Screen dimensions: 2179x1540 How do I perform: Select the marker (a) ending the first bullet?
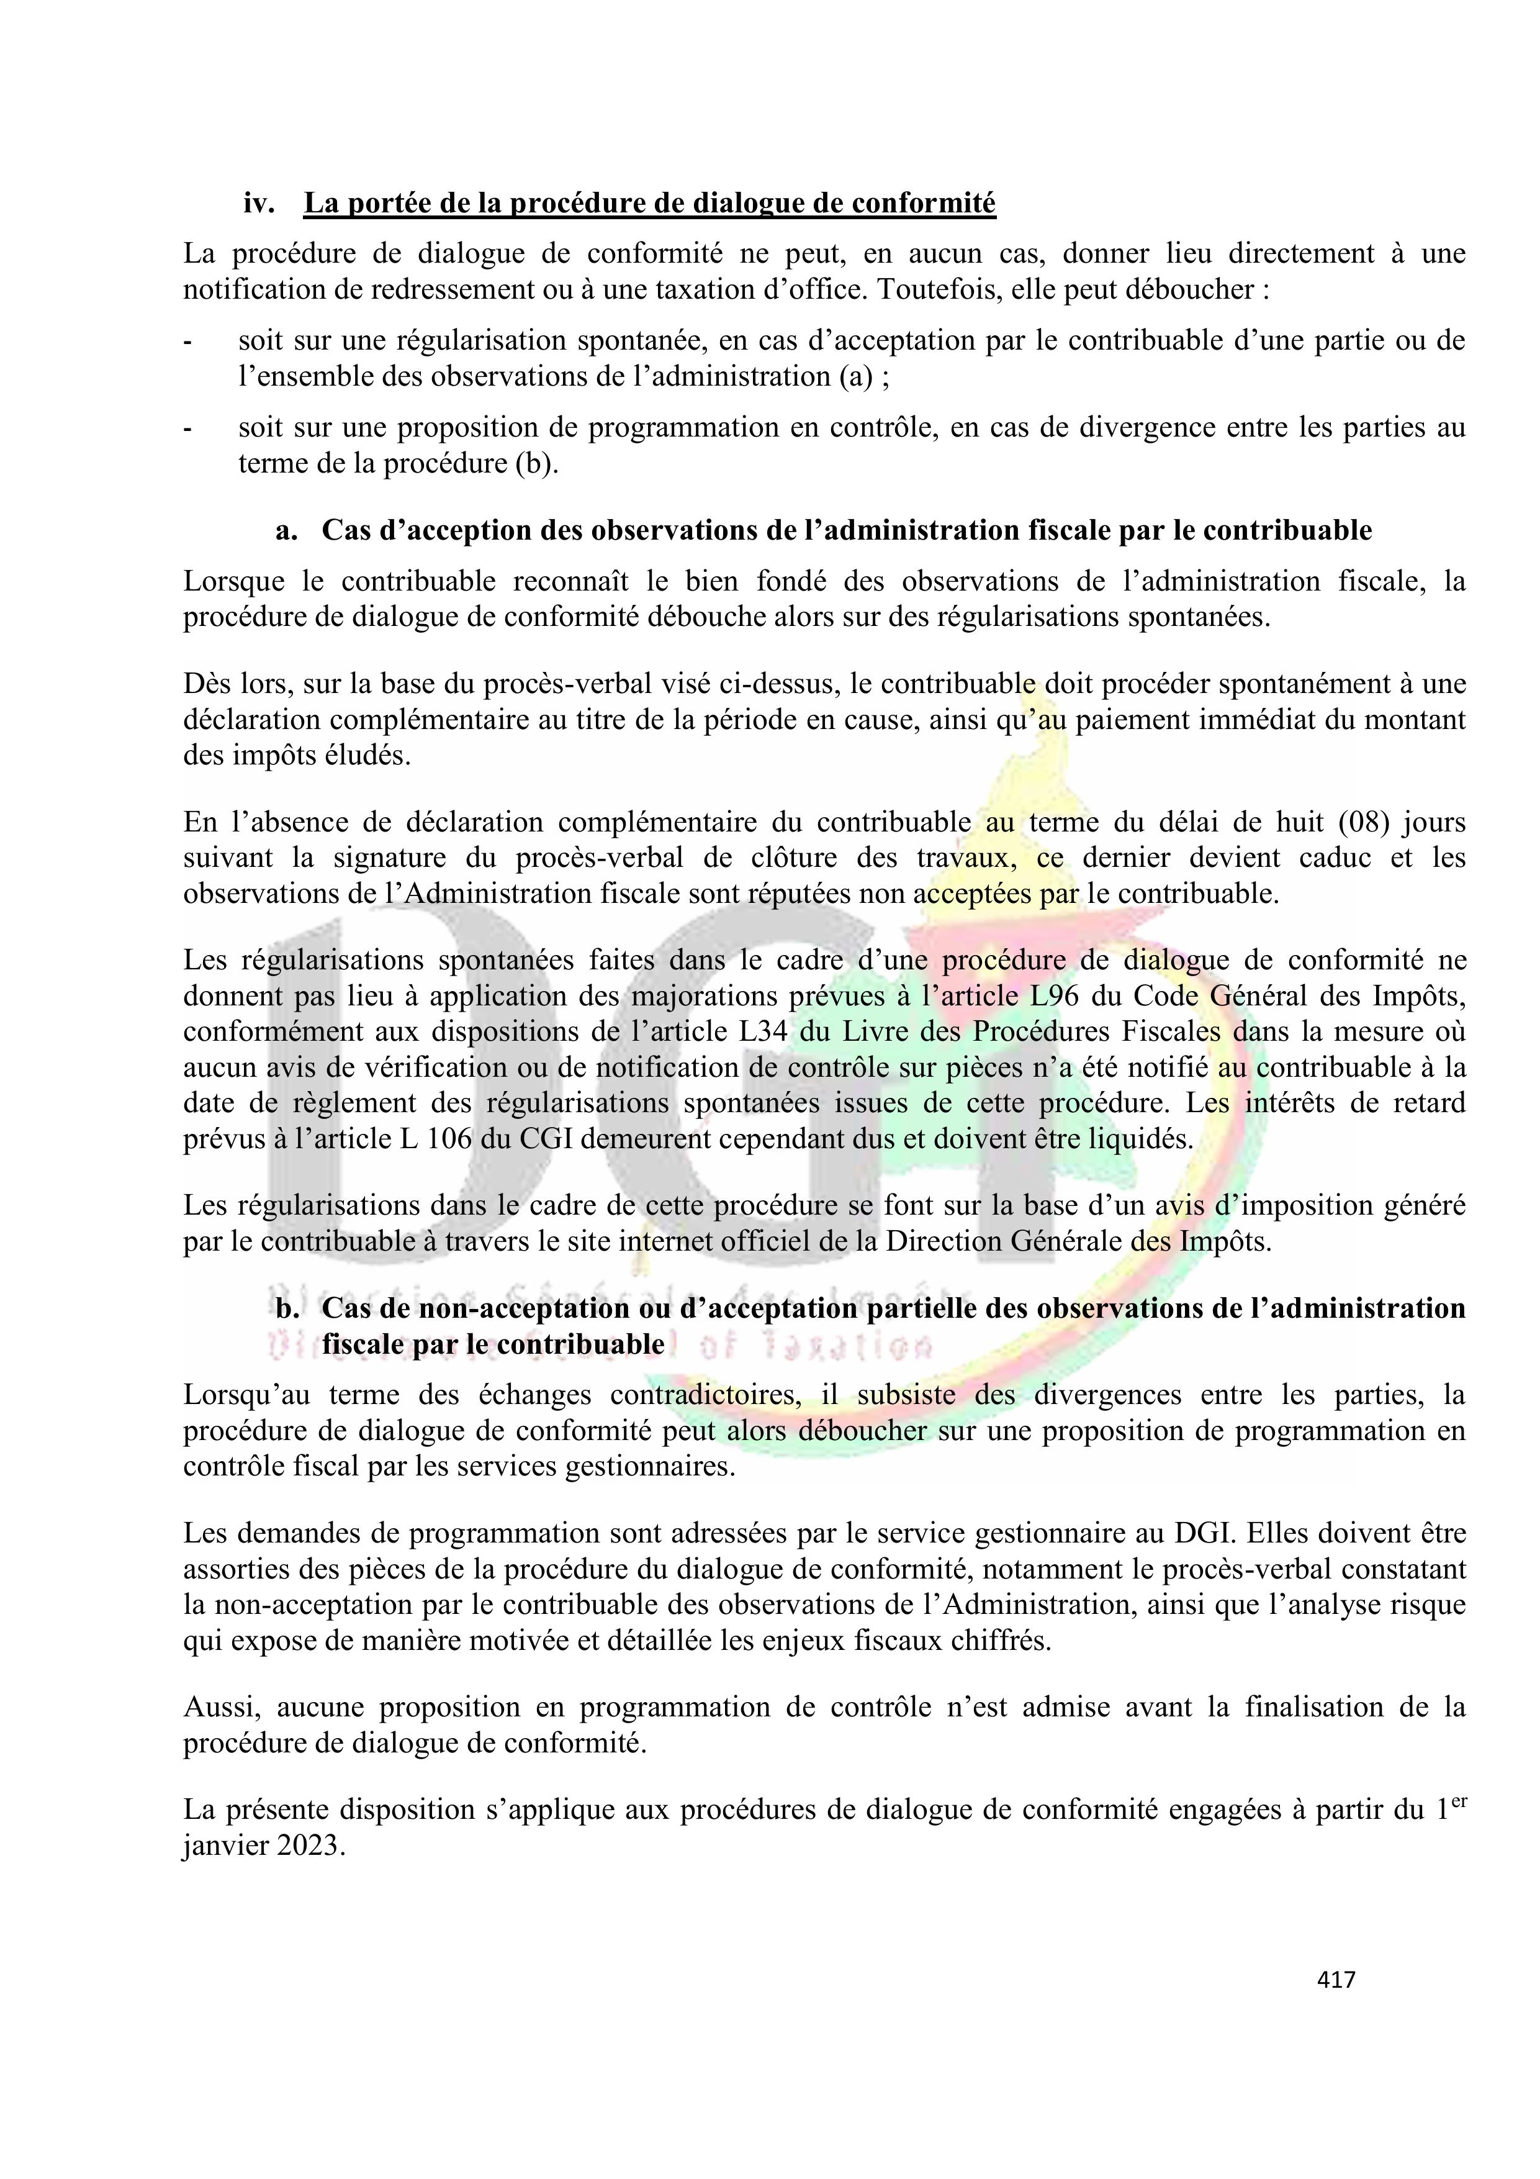[854, 377]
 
